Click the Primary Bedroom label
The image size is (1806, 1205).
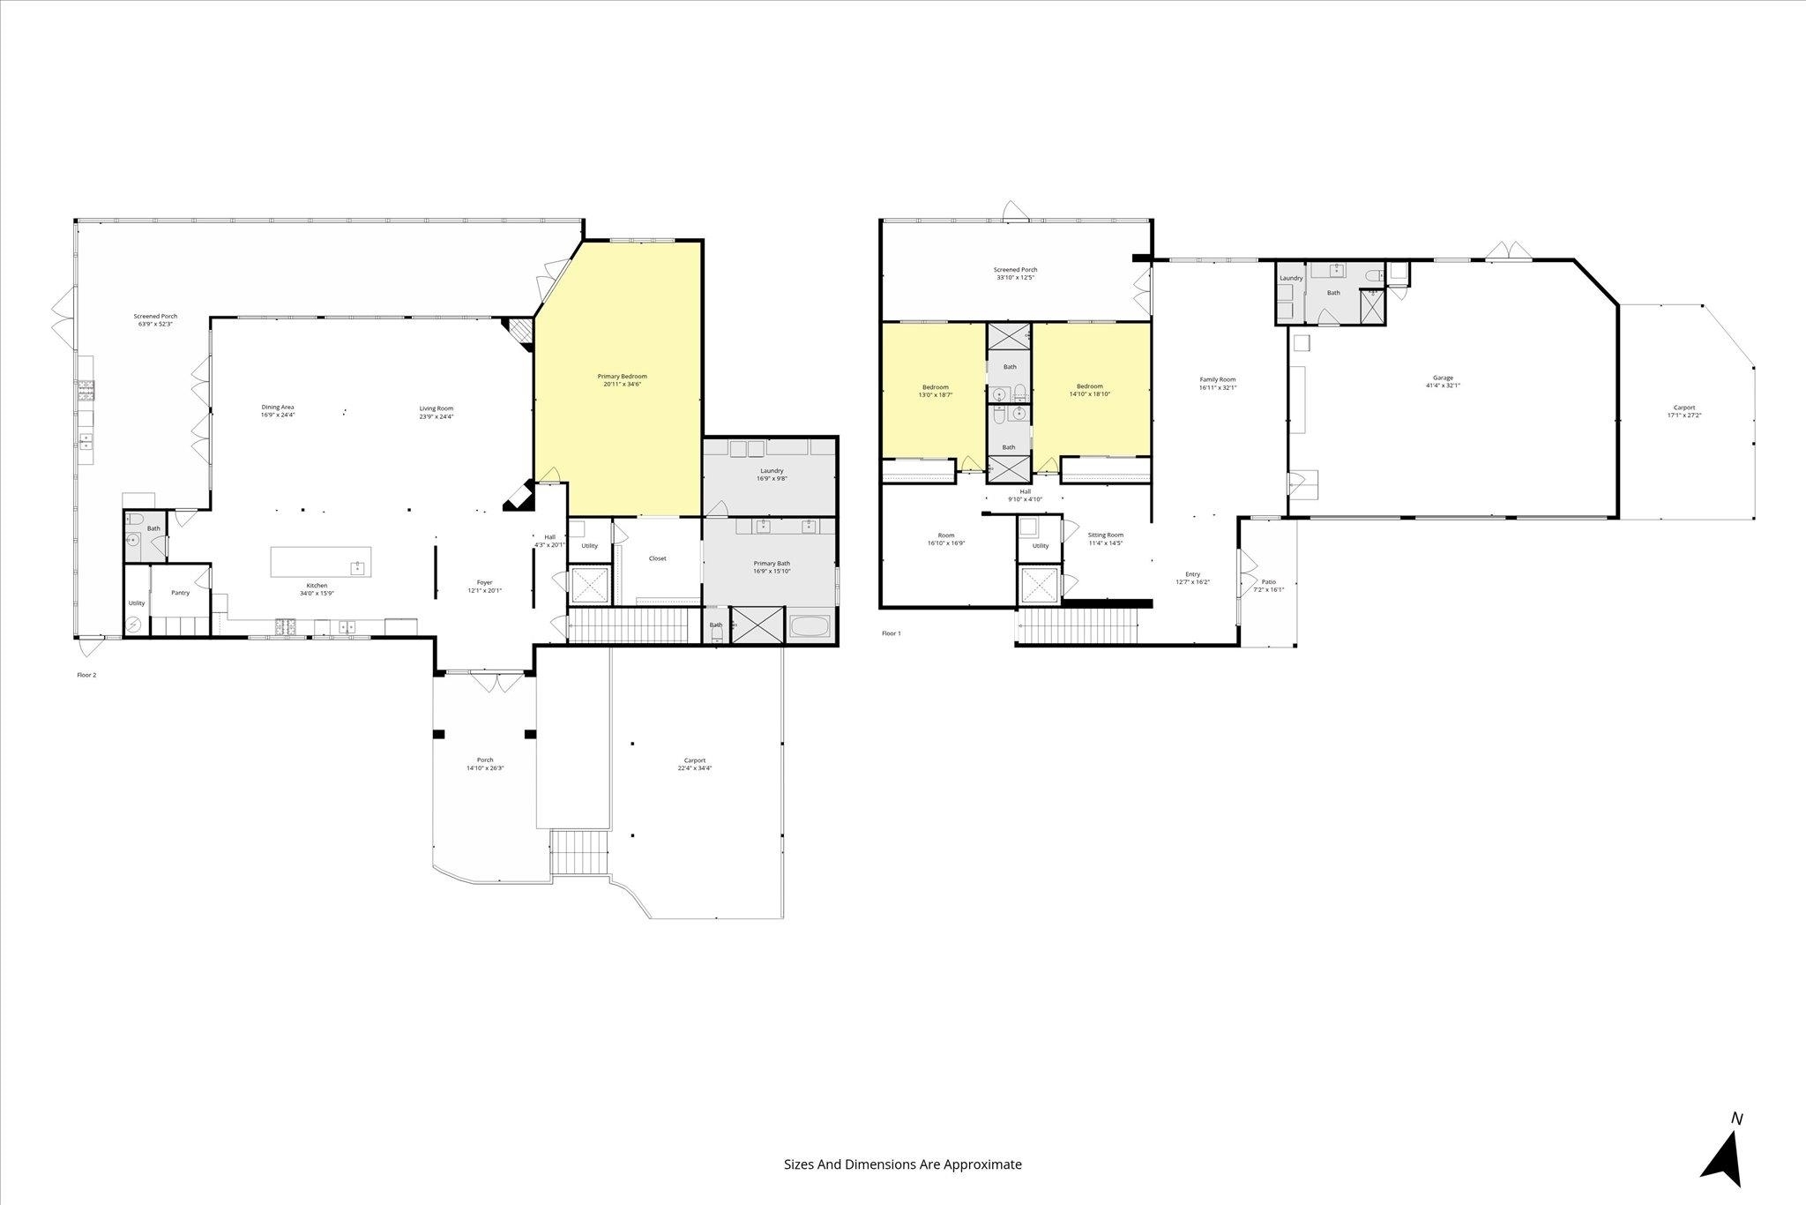pos(622,380)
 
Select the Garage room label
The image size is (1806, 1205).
pos(1443,381)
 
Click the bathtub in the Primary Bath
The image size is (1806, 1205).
pos(810,627)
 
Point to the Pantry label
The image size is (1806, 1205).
pos(180,593)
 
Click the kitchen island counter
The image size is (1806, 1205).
pos(320,562)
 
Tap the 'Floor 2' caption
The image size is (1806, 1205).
pos(86,676)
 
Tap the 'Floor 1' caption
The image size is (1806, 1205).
pos(891,633)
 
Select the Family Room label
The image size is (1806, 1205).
pos(1218,384)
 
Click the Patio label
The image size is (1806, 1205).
pos(1268,586)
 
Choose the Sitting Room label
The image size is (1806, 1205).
pos(1105,539)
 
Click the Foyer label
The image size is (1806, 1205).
pos(484,587)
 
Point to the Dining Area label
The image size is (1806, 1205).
pos(277,411)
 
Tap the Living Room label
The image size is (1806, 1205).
pos(436,412)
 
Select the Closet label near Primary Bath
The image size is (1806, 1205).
pos(657,558)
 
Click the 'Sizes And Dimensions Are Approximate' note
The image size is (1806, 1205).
pos(903,1164)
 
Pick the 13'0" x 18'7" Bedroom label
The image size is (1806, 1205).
pos(936,391)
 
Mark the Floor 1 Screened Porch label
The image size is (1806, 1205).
pos(1015,273)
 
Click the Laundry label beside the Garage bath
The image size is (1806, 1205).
pos(1291,279)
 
